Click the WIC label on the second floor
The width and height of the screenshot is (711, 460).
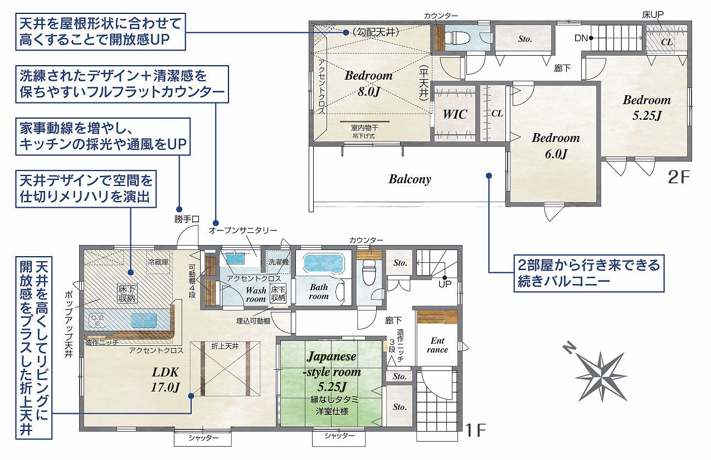tap(455, 114)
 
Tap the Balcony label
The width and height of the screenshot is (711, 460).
tap(410, 179)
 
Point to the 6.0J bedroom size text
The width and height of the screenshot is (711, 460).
tap(556, 154)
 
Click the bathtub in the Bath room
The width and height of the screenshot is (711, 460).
tap(324, 263)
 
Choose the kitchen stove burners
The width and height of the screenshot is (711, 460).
tap(95, 320)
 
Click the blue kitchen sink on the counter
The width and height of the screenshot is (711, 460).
tap(144, 320)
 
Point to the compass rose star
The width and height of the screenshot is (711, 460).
tap(601, 376)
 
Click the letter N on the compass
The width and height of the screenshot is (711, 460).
tap(569, 347)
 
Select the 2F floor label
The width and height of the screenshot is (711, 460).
tap(679, 178)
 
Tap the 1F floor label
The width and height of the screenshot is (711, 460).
tap(475, 430)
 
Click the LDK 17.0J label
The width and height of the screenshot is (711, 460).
tap(165, 380)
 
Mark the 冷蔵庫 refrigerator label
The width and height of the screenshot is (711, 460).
tap(158, 262)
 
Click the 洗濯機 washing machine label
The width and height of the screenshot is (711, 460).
tap(279, 262)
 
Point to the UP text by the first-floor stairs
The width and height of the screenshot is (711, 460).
tap(445, 284)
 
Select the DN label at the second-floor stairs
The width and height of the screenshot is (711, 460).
tap(581, 38)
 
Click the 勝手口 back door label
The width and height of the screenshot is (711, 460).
tap(187, 219)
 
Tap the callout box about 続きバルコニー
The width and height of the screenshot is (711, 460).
tap(589, 273)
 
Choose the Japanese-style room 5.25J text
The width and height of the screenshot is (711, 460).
tap(332, 371)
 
